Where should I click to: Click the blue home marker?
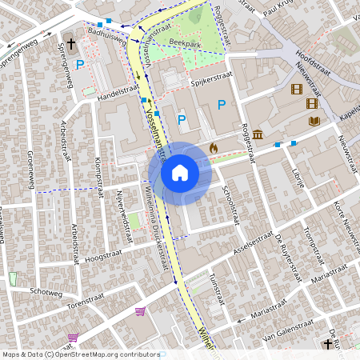[x=180, y=172]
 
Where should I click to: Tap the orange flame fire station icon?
[x=214, y=148]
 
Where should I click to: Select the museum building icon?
[x=258, y=134]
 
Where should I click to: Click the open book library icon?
[x=314, y=121]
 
